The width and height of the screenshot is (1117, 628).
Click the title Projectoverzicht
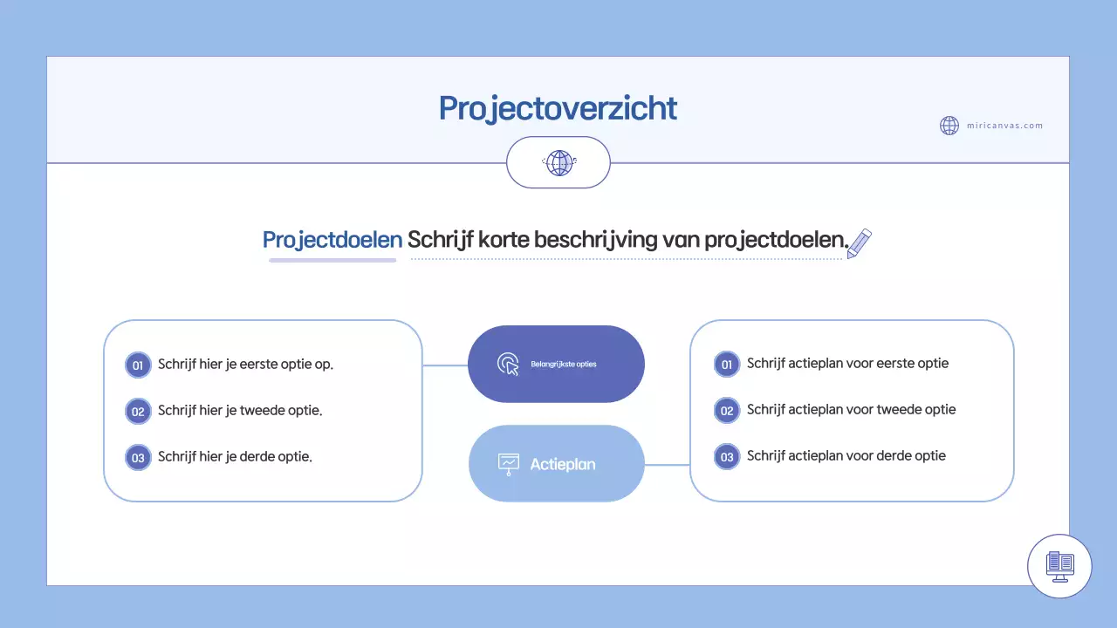click(x=558, y=109)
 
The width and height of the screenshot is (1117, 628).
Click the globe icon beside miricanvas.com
click(x=949, y=126)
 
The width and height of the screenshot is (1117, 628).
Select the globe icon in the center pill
click(x=558, y=163)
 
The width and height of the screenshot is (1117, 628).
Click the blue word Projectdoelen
click(x=332, y=240)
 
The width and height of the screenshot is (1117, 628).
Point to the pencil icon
click(x=860, y=243)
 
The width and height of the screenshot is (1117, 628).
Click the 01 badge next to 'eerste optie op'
click(x=138, y=365)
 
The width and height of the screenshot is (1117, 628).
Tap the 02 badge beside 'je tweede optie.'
click(x=138, y=411)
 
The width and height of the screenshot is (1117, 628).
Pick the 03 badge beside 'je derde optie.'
click(x=138, y=457)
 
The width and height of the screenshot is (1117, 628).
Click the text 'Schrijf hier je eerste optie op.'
click(x=245, y=364)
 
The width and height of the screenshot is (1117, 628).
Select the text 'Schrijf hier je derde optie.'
click(x=235, y=456)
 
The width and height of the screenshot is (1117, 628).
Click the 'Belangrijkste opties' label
click(x=564, y=364)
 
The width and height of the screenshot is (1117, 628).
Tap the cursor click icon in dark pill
click(x=508, y=364)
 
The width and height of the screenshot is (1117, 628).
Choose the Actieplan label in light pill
click(x=563, y=464)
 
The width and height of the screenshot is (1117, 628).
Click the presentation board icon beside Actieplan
click(x=508, y=464)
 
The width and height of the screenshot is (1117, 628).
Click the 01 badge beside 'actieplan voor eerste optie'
click(x=727, y=365)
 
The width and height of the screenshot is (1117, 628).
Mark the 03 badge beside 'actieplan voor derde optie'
click(x=727, y=456)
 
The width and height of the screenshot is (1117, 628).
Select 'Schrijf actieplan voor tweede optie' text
click(x=851, y=409)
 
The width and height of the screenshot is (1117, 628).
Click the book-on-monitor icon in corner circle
click(x=1060, y=566)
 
